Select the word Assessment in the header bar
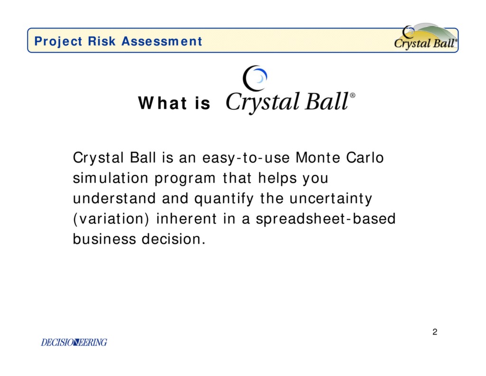161,41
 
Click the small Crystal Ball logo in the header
425,38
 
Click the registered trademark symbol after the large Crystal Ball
352,96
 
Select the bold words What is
174,103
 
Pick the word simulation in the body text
111,178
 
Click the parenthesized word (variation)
112,219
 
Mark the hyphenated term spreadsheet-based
326,219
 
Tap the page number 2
435,332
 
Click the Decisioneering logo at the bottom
74,342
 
